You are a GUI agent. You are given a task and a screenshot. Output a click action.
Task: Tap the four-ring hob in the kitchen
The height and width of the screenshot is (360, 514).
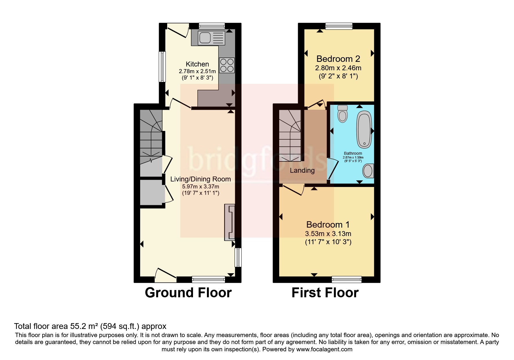(227, 65)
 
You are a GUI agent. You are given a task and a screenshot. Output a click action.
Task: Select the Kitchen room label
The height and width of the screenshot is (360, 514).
(197, 64)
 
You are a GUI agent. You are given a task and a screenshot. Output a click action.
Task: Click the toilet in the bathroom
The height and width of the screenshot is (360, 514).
(342, 114)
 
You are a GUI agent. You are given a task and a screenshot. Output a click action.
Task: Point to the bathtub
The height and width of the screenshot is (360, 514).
(364, 129)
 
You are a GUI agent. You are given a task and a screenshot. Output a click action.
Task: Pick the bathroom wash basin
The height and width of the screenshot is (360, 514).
(368, 171)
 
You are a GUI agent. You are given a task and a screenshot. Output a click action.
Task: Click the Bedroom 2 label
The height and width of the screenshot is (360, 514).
(338, 59)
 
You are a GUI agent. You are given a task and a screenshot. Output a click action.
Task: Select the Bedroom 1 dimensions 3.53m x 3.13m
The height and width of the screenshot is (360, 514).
(328, 234)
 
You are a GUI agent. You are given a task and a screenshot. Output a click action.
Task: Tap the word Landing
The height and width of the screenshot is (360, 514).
(302, 170)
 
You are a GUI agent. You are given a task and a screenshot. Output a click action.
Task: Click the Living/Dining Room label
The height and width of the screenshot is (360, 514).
(201, 179)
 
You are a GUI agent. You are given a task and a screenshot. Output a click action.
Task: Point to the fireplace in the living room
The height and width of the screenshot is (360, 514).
(230, 222)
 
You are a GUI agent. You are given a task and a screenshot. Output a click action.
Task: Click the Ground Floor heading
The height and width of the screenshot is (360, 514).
(188, 293)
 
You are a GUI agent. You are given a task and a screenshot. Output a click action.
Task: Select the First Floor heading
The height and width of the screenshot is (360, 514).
(325, 293)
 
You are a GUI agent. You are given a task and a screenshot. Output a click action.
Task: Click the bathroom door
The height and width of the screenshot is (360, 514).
(332, 169)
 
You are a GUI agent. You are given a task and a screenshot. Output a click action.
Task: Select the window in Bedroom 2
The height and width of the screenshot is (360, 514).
(339, 26)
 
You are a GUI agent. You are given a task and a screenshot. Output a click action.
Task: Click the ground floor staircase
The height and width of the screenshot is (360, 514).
(151, 136)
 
